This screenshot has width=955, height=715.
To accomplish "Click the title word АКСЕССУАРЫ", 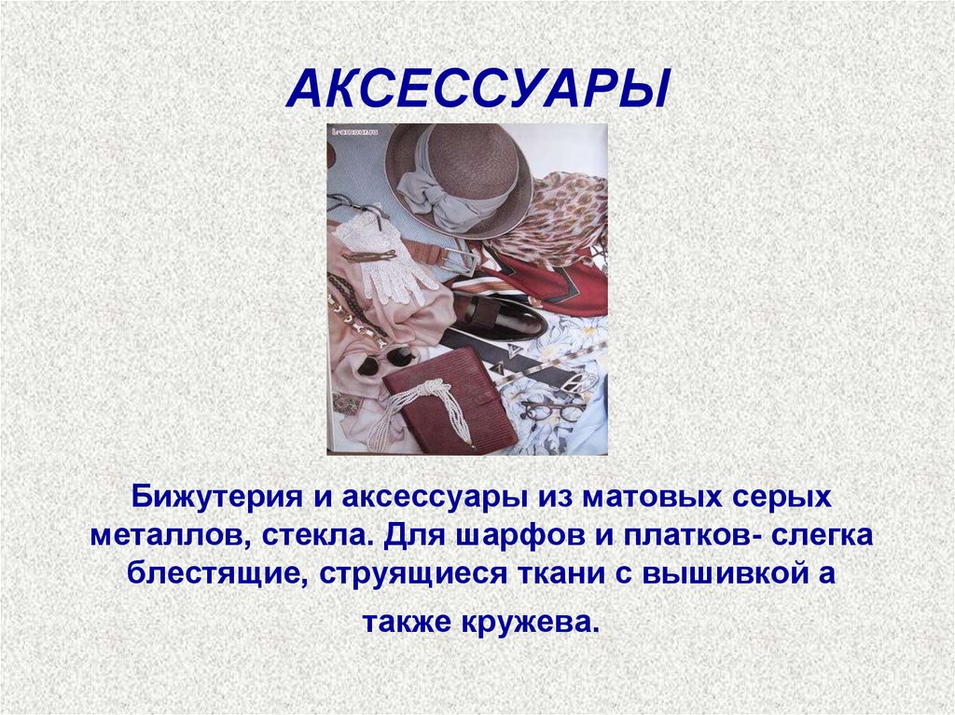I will tap(477, 89).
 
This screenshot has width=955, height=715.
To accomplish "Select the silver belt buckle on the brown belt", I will tap(463, 254).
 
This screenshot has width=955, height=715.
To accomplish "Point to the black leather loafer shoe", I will tap(494, 318).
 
